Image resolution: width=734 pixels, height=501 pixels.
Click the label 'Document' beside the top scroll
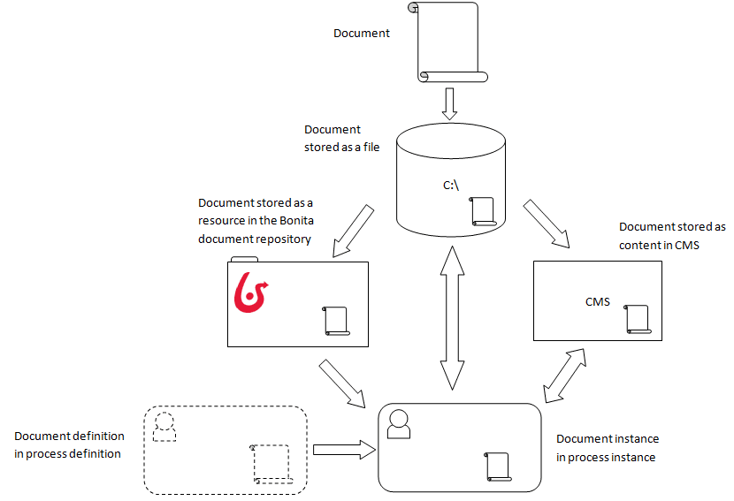point(361,34)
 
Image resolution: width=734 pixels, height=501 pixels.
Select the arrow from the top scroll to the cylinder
point(449,103)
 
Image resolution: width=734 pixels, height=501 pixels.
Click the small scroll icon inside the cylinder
point(484,211)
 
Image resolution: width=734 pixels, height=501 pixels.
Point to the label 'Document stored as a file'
point(341,139)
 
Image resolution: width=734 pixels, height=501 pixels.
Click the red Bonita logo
point(252,293)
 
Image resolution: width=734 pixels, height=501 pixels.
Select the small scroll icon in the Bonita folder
point(336,320)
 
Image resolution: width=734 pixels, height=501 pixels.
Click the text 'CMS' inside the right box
point(598,302)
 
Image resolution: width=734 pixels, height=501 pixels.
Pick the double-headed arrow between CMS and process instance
point(565,375)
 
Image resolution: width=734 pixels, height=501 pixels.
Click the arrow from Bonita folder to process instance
point(342,383)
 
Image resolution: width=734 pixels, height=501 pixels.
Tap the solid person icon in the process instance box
point(399,424)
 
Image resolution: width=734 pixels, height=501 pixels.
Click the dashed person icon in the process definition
point(163,426)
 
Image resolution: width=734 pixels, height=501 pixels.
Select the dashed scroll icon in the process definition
point(271,464)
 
